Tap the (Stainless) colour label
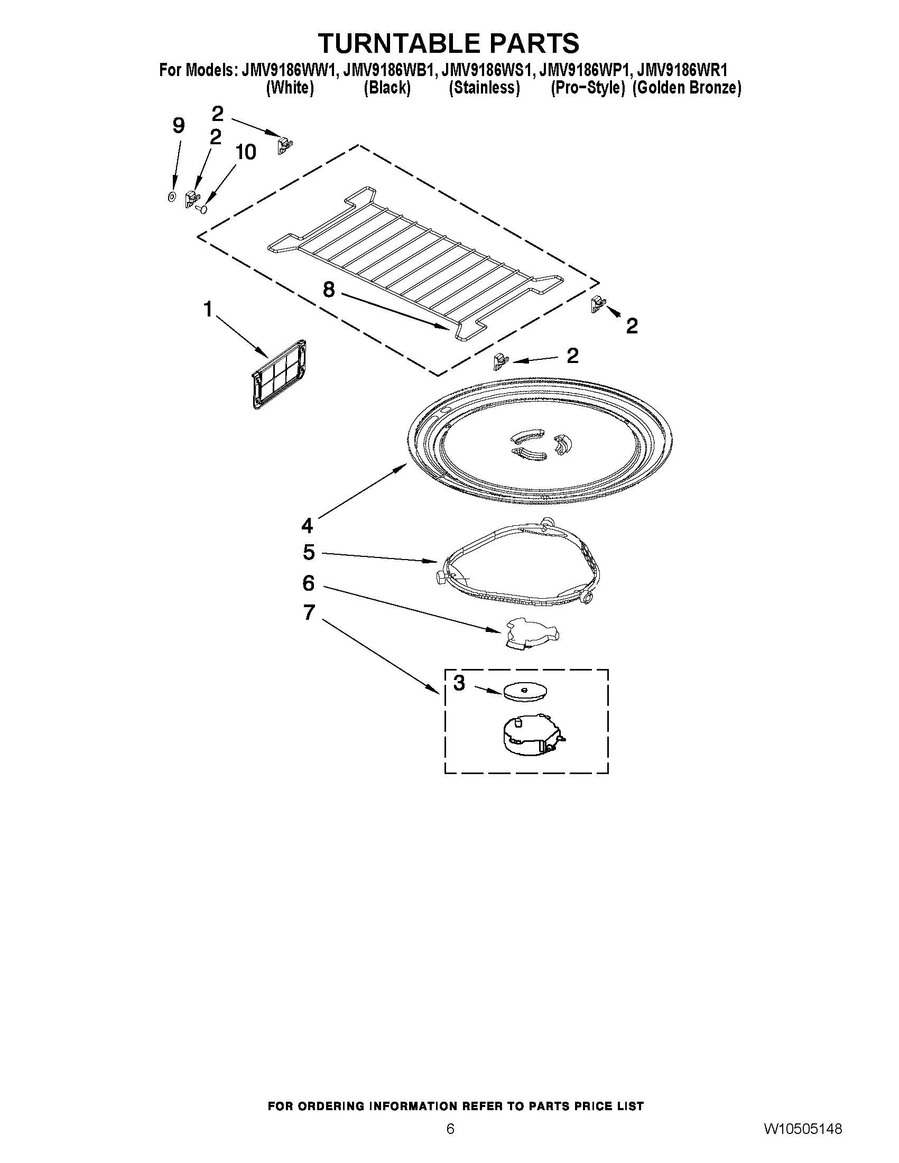(484, 88)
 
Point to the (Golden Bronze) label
(687, 88)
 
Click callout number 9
(179, 126)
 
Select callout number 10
(246, 152)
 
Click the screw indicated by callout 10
(202, 209)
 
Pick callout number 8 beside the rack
(329, 290)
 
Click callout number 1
(208, 309)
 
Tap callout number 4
(307, 526)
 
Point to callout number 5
(309, 552)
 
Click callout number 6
(308, 583)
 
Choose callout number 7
(309, 612)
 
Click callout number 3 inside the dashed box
(459, 683)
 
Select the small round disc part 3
(525, 692)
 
